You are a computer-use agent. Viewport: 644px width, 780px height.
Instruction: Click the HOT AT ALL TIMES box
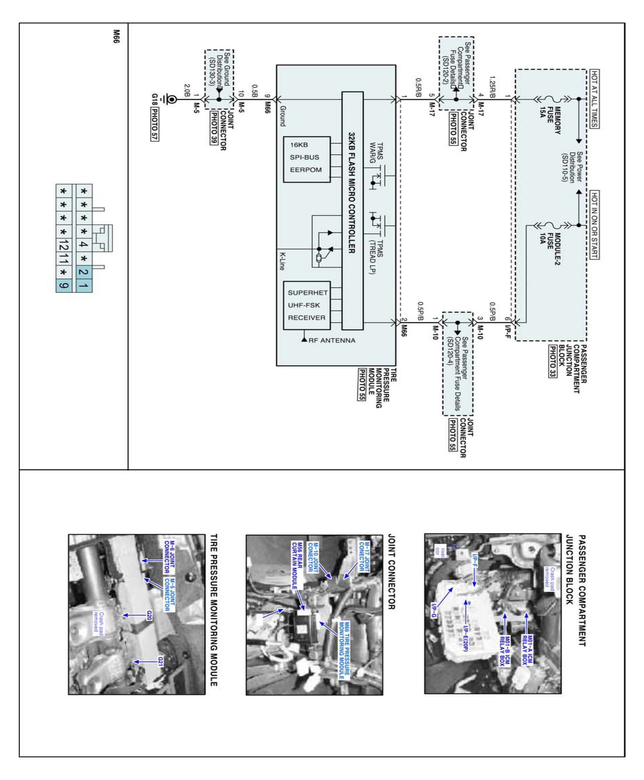594,99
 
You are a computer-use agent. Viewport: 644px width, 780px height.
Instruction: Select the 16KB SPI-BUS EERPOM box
306,159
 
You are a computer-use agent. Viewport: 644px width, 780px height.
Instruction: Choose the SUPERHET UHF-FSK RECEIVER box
306,305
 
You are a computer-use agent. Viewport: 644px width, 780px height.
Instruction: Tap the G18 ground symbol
172,99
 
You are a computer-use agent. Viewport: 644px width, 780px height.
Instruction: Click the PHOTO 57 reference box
154,124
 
